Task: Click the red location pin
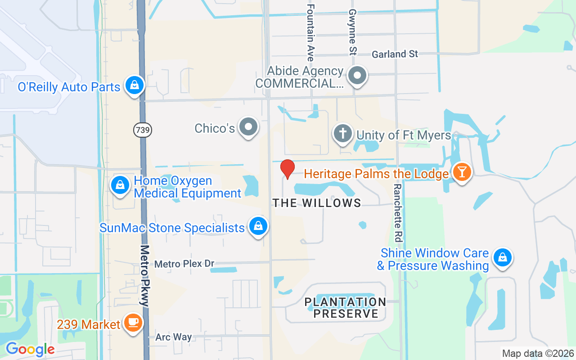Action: click(x=287, y=169)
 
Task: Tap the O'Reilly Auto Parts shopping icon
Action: click(x=134, y=85)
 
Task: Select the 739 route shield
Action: click(x=143, y=130)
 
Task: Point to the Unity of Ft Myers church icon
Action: click(x=343, y=134)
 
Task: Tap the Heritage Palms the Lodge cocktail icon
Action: click(x=461, y=172)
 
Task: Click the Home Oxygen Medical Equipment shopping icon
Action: click(x=120, y=185)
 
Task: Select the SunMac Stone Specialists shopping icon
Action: click(x=258, y=226)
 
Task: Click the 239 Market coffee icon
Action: click(x=133, y=323)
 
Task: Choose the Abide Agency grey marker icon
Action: click(x=358, y=76)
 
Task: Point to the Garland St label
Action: click(x=395, y=54)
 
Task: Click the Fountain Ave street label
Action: click(x=310, y=32)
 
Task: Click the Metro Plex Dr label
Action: click(x=184, y=264)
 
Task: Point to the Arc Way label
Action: click(x=173, y=337)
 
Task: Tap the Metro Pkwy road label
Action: click(x=144, y=275)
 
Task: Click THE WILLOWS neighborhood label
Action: click(x=317, y=203)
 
